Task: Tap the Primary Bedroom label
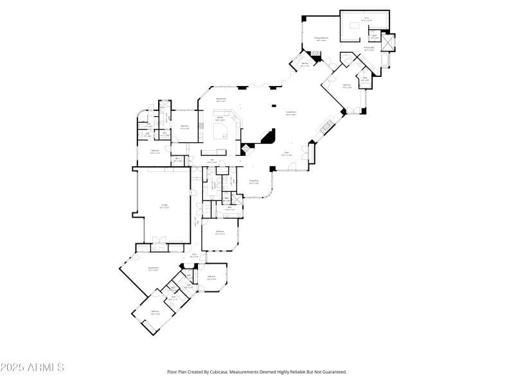321,38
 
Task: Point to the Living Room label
290,113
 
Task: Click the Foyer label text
287,154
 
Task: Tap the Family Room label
153,269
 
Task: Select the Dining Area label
220,100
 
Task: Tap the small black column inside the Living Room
274,106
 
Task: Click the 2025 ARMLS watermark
32,368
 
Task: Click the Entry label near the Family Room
193,256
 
